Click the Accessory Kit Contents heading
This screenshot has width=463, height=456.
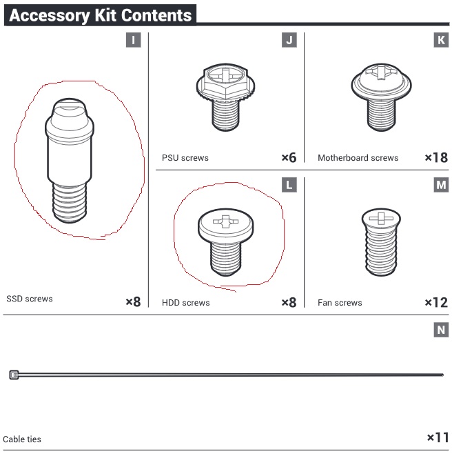coord(101,15)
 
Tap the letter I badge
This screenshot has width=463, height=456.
coord(133,40)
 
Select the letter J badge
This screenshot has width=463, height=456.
coord(289,40)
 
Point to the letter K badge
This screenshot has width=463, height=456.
coord(441,40)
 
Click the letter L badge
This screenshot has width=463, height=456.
coord(289,185)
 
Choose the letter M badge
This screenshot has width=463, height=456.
coord(441,185)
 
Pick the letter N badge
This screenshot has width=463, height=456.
coord(441,330)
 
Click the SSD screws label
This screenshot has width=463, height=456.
coord(30,299)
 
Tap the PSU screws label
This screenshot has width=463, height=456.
coord(185,157)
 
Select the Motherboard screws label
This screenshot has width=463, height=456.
coord(358,157)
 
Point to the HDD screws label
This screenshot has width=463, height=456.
coord(186,303)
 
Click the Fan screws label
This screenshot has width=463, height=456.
coord(340,303)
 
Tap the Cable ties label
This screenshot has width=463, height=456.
coord(22,439)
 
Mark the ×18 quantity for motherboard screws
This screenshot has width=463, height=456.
coord(436,157)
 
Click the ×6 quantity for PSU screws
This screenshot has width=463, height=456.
coord(289,157)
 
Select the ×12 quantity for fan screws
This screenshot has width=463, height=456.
coord(436,303)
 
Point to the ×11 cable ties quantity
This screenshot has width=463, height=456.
coord(438,437)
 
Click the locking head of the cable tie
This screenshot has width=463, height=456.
coord(14,375)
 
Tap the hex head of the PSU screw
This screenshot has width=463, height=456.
coord(225,81)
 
